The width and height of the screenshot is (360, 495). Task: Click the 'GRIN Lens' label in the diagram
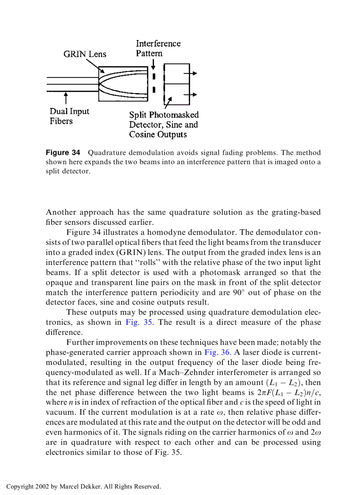pos(85,54)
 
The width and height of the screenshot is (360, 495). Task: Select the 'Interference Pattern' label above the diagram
pos(158,48)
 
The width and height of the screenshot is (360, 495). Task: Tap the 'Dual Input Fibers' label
pos(69,116)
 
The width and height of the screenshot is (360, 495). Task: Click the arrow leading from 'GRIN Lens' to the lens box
pos(95,66)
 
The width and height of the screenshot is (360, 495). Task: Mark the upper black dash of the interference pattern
pos(154,76)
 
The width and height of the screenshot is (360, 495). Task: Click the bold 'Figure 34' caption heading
pos(63,153)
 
